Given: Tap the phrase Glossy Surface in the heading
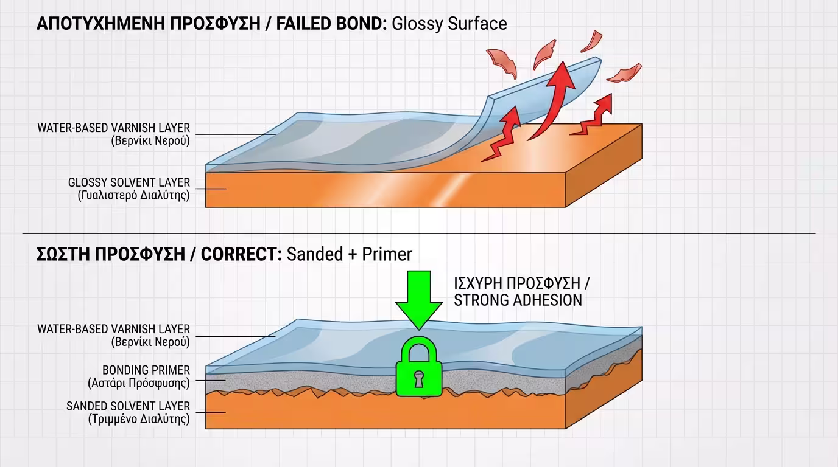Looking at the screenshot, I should point(449,24).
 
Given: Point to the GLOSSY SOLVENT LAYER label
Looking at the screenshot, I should point(129,182).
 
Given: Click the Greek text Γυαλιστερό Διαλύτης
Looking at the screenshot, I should point(134,196).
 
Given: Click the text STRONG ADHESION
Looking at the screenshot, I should point(518,300).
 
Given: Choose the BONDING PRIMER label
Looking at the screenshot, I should point(146,370).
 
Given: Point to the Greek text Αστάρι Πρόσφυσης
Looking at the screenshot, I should point(139,383).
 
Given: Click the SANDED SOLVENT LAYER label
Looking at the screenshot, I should point(128,406).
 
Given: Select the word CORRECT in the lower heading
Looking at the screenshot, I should point(241,254).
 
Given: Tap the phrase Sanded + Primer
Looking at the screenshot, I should point(349,254).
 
